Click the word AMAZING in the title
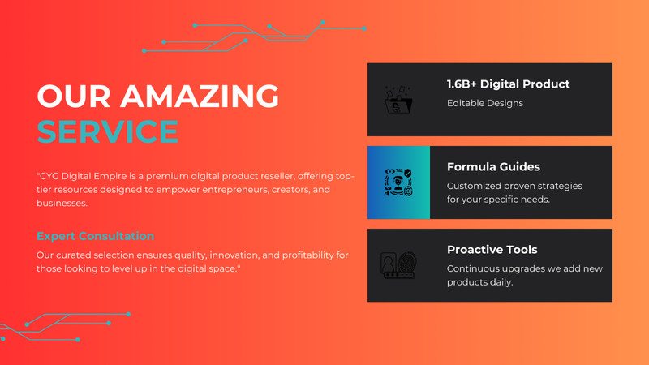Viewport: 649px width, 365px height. point(200,96)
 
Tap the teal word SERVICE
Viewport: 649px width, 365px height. point(108,131)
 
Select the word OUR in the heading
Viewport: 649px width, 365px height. point(74,96)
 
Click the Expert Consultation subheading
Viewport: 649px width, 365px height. point(95,236)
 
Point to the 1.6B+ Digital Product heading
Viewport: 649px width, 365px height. point(509,84)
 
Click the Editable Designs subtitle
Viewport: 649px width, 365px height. point(485,103)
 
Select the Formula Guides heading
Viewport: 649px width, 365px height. point(493,167)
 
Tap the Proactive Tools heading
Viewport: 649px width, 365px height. point(492,250)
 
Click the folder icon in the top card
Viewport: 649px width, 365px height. point(398,100)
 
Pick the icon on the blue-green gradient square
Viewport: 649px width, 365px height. point(398,182)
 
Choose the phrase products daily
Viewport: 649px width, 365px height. point(479,282)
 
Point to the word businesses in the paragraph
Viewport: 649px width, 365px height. point(62,204)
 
